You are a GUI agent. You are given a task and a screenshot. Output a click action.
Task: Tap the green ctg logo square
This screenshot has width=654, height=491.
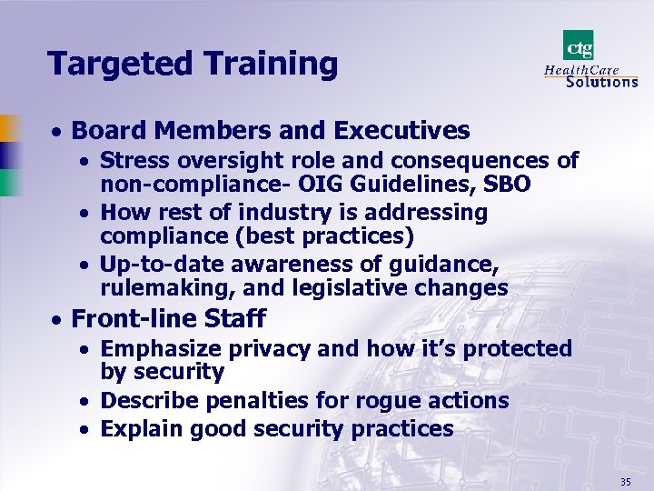578,45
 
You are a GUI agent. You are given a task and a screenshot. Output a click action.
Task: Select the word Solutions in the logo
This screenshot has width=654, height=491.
601,81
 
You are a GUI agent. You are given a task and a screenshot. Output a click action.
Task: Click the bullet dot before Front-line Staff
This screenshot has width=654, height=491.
57,320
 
